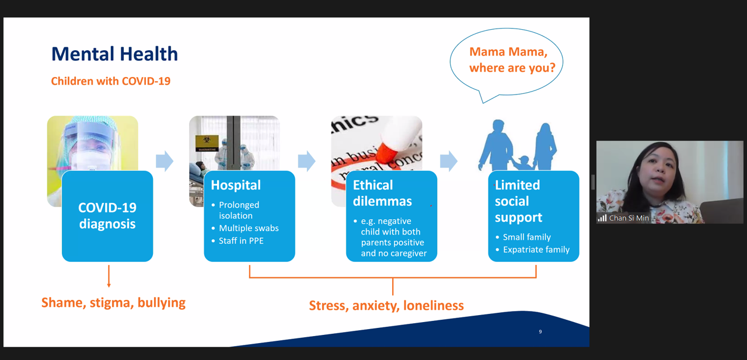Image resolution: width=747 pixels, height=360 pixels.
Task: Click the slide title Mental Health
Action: [x=114, y=54]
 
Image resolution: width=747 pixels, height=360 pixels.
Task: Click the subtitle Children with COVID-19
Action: [x=111, y=81]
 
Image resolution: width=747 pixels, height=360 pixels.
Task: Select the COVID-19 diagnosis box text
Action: [x=107, y=215]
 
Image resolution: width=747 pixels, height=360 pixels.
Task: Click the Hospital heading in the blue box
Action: [x=236, y=185]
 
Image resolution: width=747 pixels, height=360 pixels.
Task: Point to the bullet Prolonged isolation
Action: [x=239, y=210]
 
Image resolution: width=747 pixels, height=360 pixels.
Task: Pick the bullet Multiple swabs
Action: [x=249, y=228]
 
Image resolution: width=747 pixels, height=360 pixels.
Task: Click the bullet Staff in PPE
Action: [x=241, y=240]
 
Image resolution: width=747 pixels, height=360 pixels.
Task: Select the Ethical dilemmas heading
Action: [x=382, y=193]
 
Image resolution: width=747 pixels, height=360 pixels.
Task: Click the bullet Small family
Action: [x=526, y=237]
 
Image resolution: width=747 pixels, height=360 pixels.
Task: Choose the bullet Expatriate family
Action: [x=536, y=250]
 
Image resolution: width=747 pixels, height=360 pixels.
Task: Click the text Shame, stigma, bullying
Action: [x=113, y=303]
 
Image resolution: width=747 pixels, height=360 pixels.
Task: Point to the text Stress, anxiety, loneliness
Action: [x=386, y=305]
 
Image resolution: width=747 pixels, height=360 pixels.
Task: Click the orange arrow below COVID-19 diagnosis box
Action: [x=109, y=277]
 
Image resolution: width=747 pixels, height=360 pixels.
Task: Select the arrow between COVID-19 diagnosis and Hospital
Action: [x=165, y=161]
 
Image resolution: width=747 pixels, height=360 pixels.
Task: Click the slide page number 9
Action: [x=540, y=332]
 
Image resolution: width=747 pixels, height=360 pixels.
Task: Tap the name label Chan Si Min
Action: [x=629, y=218]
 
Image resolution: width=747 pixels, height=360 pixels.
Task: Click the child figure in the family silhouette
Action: [x=523, y=163]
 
